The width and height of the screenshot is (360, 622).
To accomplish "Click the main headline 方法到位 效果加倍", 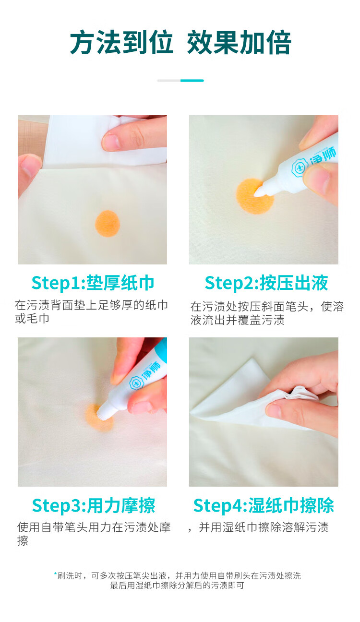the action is pos(180,43).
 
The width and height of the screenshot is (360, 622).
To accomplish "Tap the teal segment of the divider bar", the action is pos(192,81).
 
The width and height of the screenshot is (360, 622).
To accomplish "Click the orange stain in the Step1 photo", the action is pos(108,224).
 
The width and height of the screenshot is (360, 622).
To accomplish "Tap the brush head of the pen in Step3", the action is pos(103,413).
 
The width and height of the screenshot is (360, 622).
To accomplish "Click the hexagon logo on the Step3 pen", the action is pos(136,383).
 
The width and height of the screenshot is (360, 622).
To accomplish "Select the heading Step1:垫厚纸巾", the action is pos(93,283).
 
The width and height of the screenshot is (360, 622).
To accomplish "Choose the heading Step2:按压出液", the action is pos(266,283).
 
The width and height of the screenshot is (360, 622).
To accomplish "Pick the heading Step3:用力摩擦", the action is pos(93,505).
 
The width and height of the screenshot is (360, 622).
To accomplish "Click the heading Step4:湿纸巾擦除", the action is pos(264,505).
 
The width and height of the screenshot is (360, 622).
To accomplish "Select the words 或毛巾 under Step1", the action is pos(32,319).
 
